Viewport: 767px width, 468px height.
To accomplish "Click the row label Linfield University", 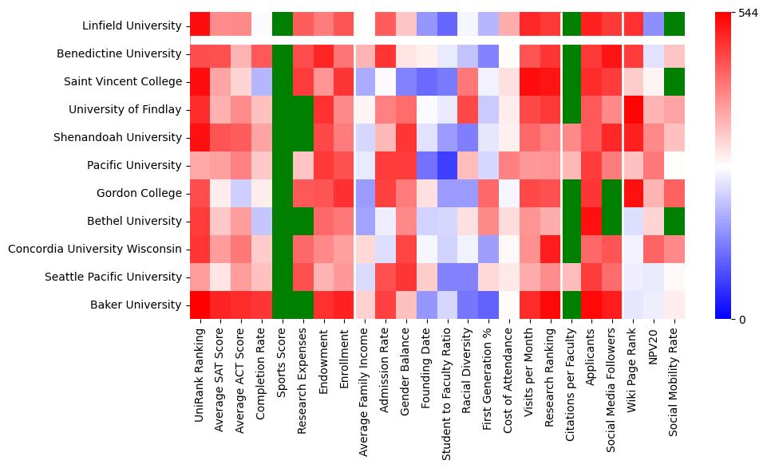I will (132, 26).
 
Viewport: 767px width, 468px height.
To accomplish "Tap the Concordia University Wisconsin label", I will (95, 249).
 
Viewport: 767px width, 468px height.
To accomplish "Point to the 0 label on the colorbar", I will (742, 320).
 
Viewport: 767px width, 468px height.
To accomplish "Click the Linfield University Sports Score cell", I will (283, 26).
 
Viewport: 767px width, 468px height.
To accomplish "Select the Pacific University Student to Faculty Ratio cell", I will (447, 165).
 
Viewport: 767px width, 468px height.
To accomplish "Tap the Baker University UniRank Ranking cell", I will (200, 305).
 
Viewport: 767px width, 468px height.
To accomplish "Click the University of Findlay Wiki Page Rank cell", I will (634, 109).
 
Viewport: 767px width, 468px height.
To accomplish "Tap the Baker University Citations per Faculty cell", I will (571, 305).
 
